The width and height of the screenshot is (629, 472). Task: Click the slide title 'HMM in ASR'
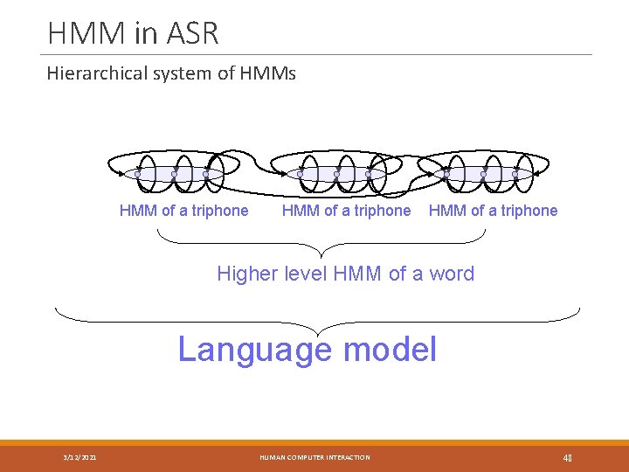point(133,33)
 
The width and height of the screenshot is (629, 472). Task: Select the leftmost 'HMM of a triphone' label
point(183,211)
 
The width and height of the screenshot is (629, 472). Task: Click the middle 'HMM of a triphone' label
point(346,211)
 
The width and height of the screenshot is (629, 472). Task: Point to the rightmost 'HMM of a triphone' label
point(493,211)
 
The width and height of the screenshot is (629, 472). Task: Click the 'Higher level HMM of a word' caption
point(345,274)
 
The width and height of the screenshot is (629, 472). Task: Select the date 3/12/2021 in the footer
point(80,457)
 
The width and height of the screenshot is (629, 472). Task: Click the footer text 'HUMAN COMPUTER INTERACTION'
point(314,457)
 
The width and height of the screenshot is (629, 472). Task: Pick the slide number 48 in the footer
point(567,457)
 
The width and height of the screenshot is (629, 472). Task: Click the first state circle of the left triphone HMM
point(138,175)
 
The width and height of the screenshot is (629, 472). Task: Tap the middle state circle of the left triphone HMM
point(173,175)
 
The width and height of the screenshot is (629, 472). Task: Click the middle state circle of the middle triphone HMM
point(336,175)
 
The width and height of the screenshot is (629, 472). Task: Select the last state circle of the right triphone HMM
point(515,175)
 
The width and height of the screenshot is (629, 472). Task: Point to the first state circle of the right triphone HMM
point(446,175)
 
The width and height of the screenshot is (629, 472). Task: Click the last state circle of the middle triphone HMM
point(369,175)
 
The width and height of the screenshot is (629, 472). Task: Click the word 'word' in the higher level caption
point(452,274)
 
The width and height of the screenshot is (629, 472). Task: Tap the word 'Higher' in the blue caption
point(245,274)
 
